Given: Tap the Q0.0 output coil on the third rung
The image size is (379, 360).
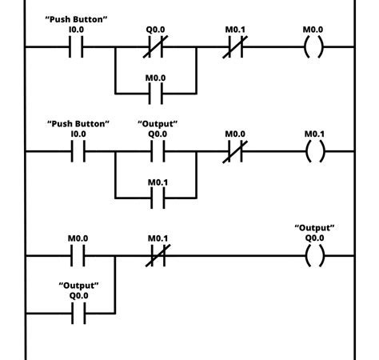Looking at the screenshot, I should tap(313, 257).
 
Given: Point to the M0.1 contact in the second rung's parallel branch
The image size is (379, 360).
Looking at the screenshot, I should tap(157, 196).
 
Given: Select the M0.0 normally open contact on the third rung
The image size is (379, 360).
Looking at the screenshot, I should tap(78, 257).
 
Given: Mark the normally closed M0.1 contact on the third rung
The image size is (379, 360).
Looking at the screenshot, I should tap(157, 257).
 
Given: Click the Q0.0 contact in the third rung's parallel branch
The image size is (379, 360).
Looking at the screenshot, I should tap(78, 314).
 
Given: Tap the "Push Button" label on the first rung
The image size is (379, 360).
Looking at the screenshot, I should tap(78, 18).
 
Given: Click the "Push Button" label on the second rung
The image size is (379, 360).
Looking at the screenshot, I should tap(78, 123).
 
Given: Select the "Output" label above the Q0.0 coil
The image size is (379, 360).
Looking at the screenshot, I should tap(313, 227).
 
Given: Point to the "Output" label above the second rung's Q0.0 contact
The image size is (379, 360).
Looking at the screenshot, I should tap(157, 123).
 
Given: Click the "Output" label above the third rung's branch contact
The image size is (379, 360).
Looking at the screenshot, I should tap(78, 284).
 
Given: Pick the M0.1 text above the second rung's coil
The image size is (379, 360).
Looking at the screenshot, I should tap(313, 134).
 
